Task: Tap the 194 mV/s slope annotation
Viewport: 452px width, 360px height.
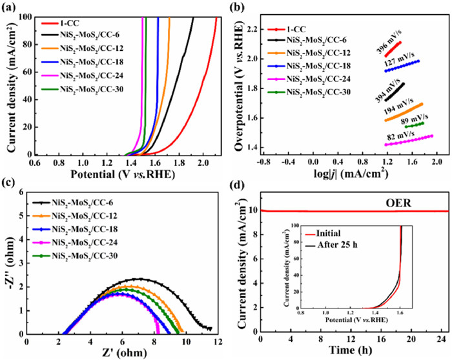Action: click(x=398, y=103)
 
